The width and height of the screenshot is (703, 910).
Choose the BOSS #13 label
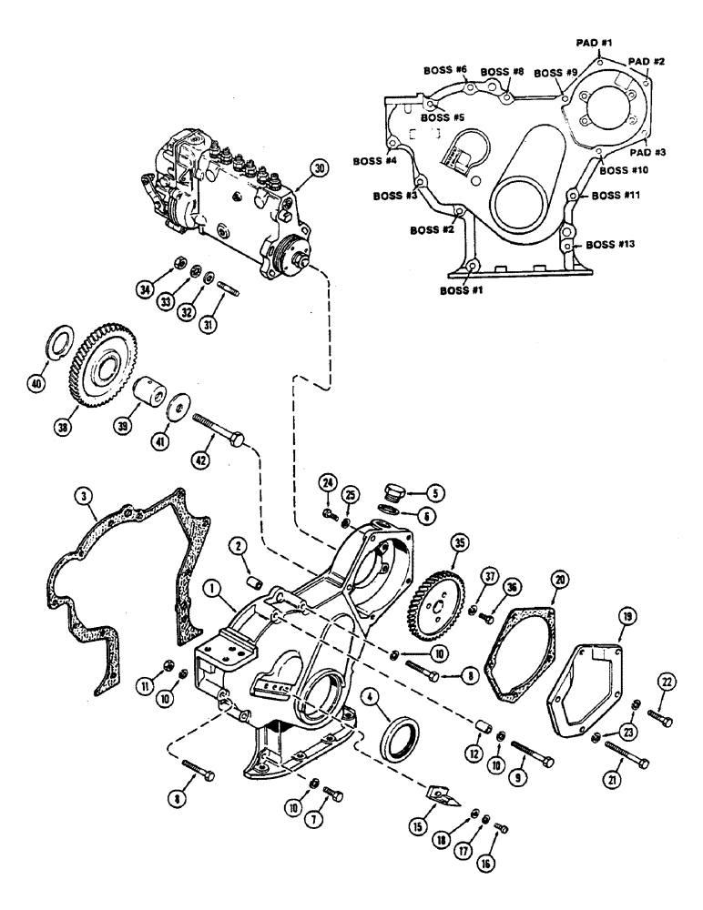(611, 244)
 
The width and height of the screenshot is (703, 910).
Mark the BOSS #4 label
(373, 161)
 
